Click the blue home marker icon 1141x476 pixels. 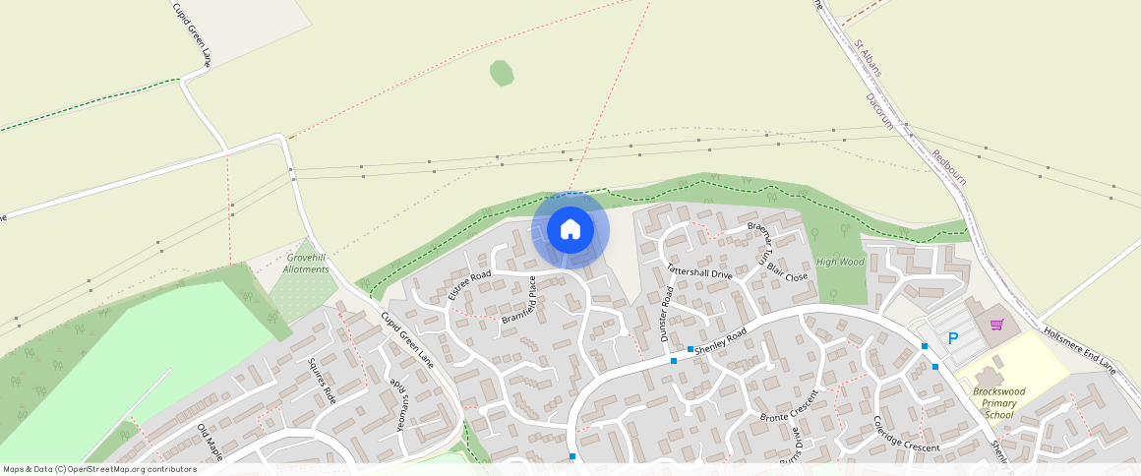pos(570,230)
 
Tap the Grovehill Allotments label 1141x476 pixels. pos(306,263)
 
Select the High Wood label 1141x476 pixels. pos(840,263)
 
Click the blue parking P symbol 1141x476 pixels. pos(952,338)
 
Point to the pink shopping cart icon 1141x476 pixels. pos(996,325)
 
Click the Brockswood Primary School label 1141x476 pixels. pos(998,403)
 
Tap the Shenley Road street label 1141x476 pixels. pos(720,341)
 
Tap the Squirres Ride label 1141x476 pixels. pos(323,382)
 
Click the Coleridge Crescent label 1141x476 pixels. pos(893,434)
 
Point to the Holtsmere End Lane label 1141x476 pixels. pos(1079,350)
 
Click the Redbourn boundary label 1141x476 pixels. pos(949,167)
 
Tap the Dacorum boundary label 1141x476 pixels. pos(879,111)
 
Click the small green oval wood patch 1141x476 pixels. pos(502,73)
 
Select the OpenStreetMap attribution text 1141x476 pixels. pos(99,469)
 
